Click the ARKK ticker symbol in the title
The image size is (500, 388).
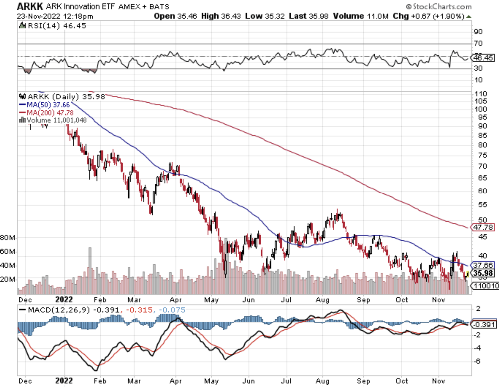tap(29, 6)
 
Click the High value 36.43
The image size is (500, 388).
tap(231, 16)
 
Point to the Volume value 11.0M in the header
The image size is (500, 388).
tap(379, 16)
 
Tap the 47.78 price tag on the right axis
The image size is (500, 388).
tap(483, 227)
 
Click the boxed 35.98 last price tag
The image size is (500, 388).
tap(483, 273)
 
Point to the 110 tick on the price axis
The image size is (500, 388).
tap(480, 94)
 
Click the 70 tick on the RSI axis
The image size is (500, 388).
tap(478, 43)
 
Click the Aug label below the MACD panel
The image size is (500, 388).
tap(322, 381)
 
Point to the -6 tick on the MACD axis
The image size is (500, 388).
tap(478, 361)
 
